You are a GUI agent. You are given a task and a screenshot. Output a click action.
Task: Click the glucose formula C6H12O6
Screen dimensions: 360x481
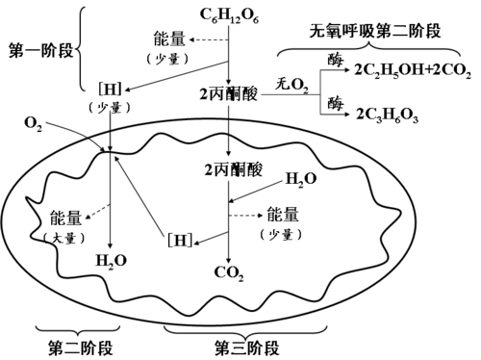[229, 15]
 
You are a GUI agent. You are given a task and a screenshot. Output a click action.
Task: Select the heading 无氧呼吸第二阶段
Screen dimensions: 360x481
[385, 31]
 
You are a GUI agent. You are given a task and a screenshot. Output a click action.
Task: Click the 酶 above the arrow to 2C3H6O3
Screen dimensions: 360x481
[334, 100]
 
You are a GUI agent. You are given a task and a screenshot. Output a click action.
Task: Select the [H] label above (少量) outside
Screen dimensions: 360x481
[111, 90]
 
